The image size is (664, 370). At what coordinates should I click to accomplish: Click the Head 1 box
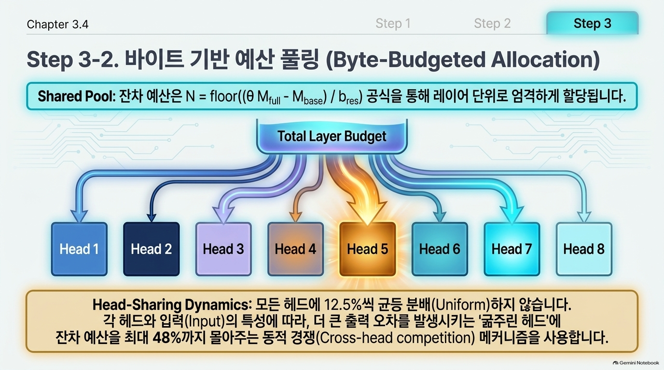pos(79,249)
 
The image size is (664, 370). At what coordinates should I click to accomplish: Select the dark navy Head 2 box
pos(152,249)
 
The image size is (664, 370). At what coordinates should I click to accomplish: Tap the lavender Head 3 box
pos(223,249)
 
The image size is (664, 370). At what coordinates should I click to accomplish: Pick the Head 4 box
pos(295,249)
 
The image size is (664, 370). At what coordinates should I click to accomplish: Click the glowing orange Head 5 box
pos(368,249)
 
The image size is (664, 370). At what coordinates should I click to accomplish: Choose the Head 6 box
pos(440,249)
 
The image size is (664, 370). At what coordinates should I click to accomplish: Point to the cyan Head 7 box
pos(512,249)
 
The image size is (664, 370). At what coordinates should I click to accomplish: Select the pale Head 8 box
pos(584,249)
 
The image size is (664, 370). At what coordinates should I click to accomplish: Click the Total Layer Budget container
pos(332,136)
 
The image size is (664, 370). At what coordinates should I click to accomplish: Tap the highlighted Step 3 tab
pos(592,23)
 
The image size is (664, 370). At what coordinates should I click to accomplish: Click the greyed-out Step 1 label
pos(393,24)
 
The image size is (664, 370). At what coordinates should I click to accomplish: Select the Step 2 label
pos(492,24)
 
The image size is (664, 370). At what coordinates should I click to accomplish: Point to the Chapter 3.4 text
pos(57,24)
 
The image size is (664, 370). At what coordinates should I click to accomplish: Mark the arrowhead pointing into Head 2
pos(152,217)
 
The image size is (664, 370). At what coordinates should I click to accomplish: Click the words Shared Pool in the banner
pos(76,96)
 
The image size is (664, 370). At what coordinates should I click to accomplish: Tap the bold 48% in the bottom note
pos(166,338)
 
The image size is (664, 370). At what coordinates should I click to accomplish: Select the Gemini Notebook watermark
pos(636,363)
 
